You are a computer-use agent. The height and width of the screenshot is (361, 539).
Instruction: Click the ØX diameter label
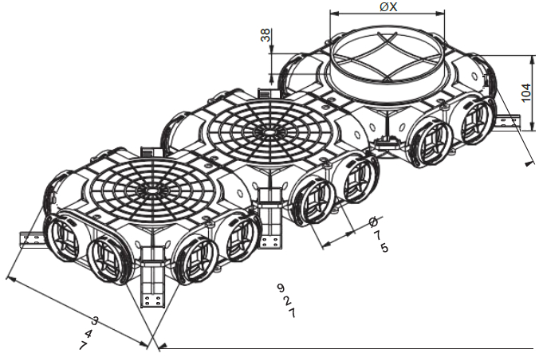coord(389,6)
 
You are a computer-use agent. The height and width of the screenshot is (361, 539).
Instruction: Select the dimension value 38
coord(266,35)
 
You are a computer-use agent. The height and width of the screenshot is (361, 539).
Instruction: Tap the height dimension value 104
coord(526,92)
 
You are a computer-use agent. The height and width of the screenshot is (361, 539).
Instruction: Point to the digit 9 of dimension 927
coord(281,287)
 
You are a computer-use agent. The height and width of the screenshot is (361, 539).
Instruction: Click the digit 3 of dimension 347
coord(95,321)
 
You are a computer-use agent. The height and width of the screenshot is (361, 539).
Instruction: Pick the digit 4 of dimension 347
coord(89,333)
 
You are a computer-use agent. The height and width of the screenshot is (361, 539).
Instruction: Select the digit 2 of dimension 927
coord(287,300)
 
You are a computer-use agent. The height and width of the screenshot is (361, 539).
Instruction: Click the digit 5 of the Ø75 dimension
coord(384,248)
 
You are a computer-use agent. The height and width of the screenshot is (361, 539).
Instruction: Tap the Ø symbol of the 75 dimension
coord(373,222)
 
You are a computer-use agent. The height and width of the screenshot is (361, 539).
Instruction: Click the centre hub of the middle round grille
coord(269,132)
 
